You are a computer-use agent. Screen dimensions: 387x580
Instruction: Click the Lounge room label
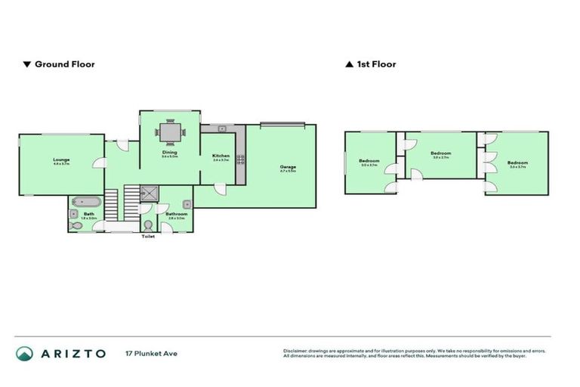(61, 159)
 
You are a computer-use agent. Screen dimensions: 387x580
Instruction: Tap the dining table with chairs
(169, 133)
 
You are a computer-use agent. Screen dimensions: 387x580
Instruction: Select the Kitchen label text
(221, 156)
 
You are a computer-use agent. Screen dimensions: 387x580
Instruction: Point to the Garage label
(288, 166)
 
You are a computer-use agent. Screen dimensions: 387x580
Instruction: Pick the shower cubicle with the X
(151, 194)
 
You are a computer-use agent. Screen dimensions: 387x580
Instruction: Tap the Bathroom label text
(177, 214)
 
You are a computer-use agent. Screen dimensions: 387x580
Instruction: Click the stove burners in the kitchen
(241, 159)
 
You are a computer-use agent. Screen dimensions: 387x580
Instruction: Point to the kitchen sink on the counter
(214, 128)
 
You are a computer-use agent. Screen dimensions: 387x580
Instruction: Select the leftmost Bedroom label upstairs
(369, 162)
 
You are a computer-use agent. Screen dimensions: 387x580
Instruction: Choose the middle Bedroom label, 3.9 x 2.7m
(440, 153)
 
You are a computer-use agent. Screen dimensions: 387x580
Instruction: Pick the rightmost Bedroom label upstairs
(517, 163)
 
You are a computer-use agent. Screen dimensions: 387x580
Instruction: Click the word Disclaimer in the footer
(297, 351)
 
